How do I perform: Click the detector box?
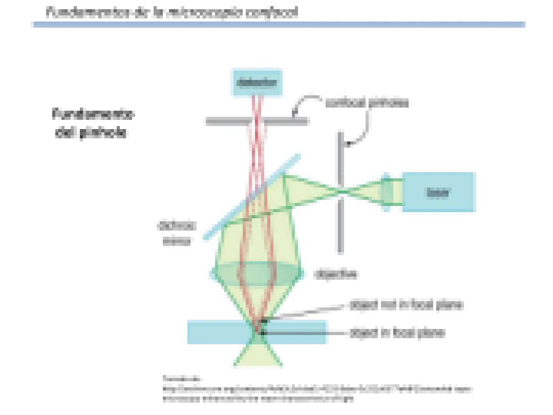(257, 82)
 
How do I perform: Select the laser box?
(439, 192)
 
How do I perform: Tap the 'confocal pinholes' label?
(367, 103)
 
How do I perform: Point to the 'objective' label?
(336, 274)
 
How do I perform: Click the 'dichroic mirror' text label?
(177, 233)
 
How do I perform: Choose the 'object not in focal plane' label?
(406, 305)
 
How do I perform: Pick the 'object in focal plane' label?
(397, 333)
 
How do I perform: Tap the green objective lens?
(257, 274)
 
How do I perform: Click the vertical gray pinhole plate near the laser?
(340, 223)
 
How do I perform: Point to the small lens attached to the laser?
(387, 192)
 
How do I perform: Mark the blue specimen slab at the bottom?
(215, 332)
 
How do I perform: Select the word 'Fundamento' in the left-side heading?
(93, 114)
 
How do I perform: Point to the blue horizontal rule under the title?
(279, 25)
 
